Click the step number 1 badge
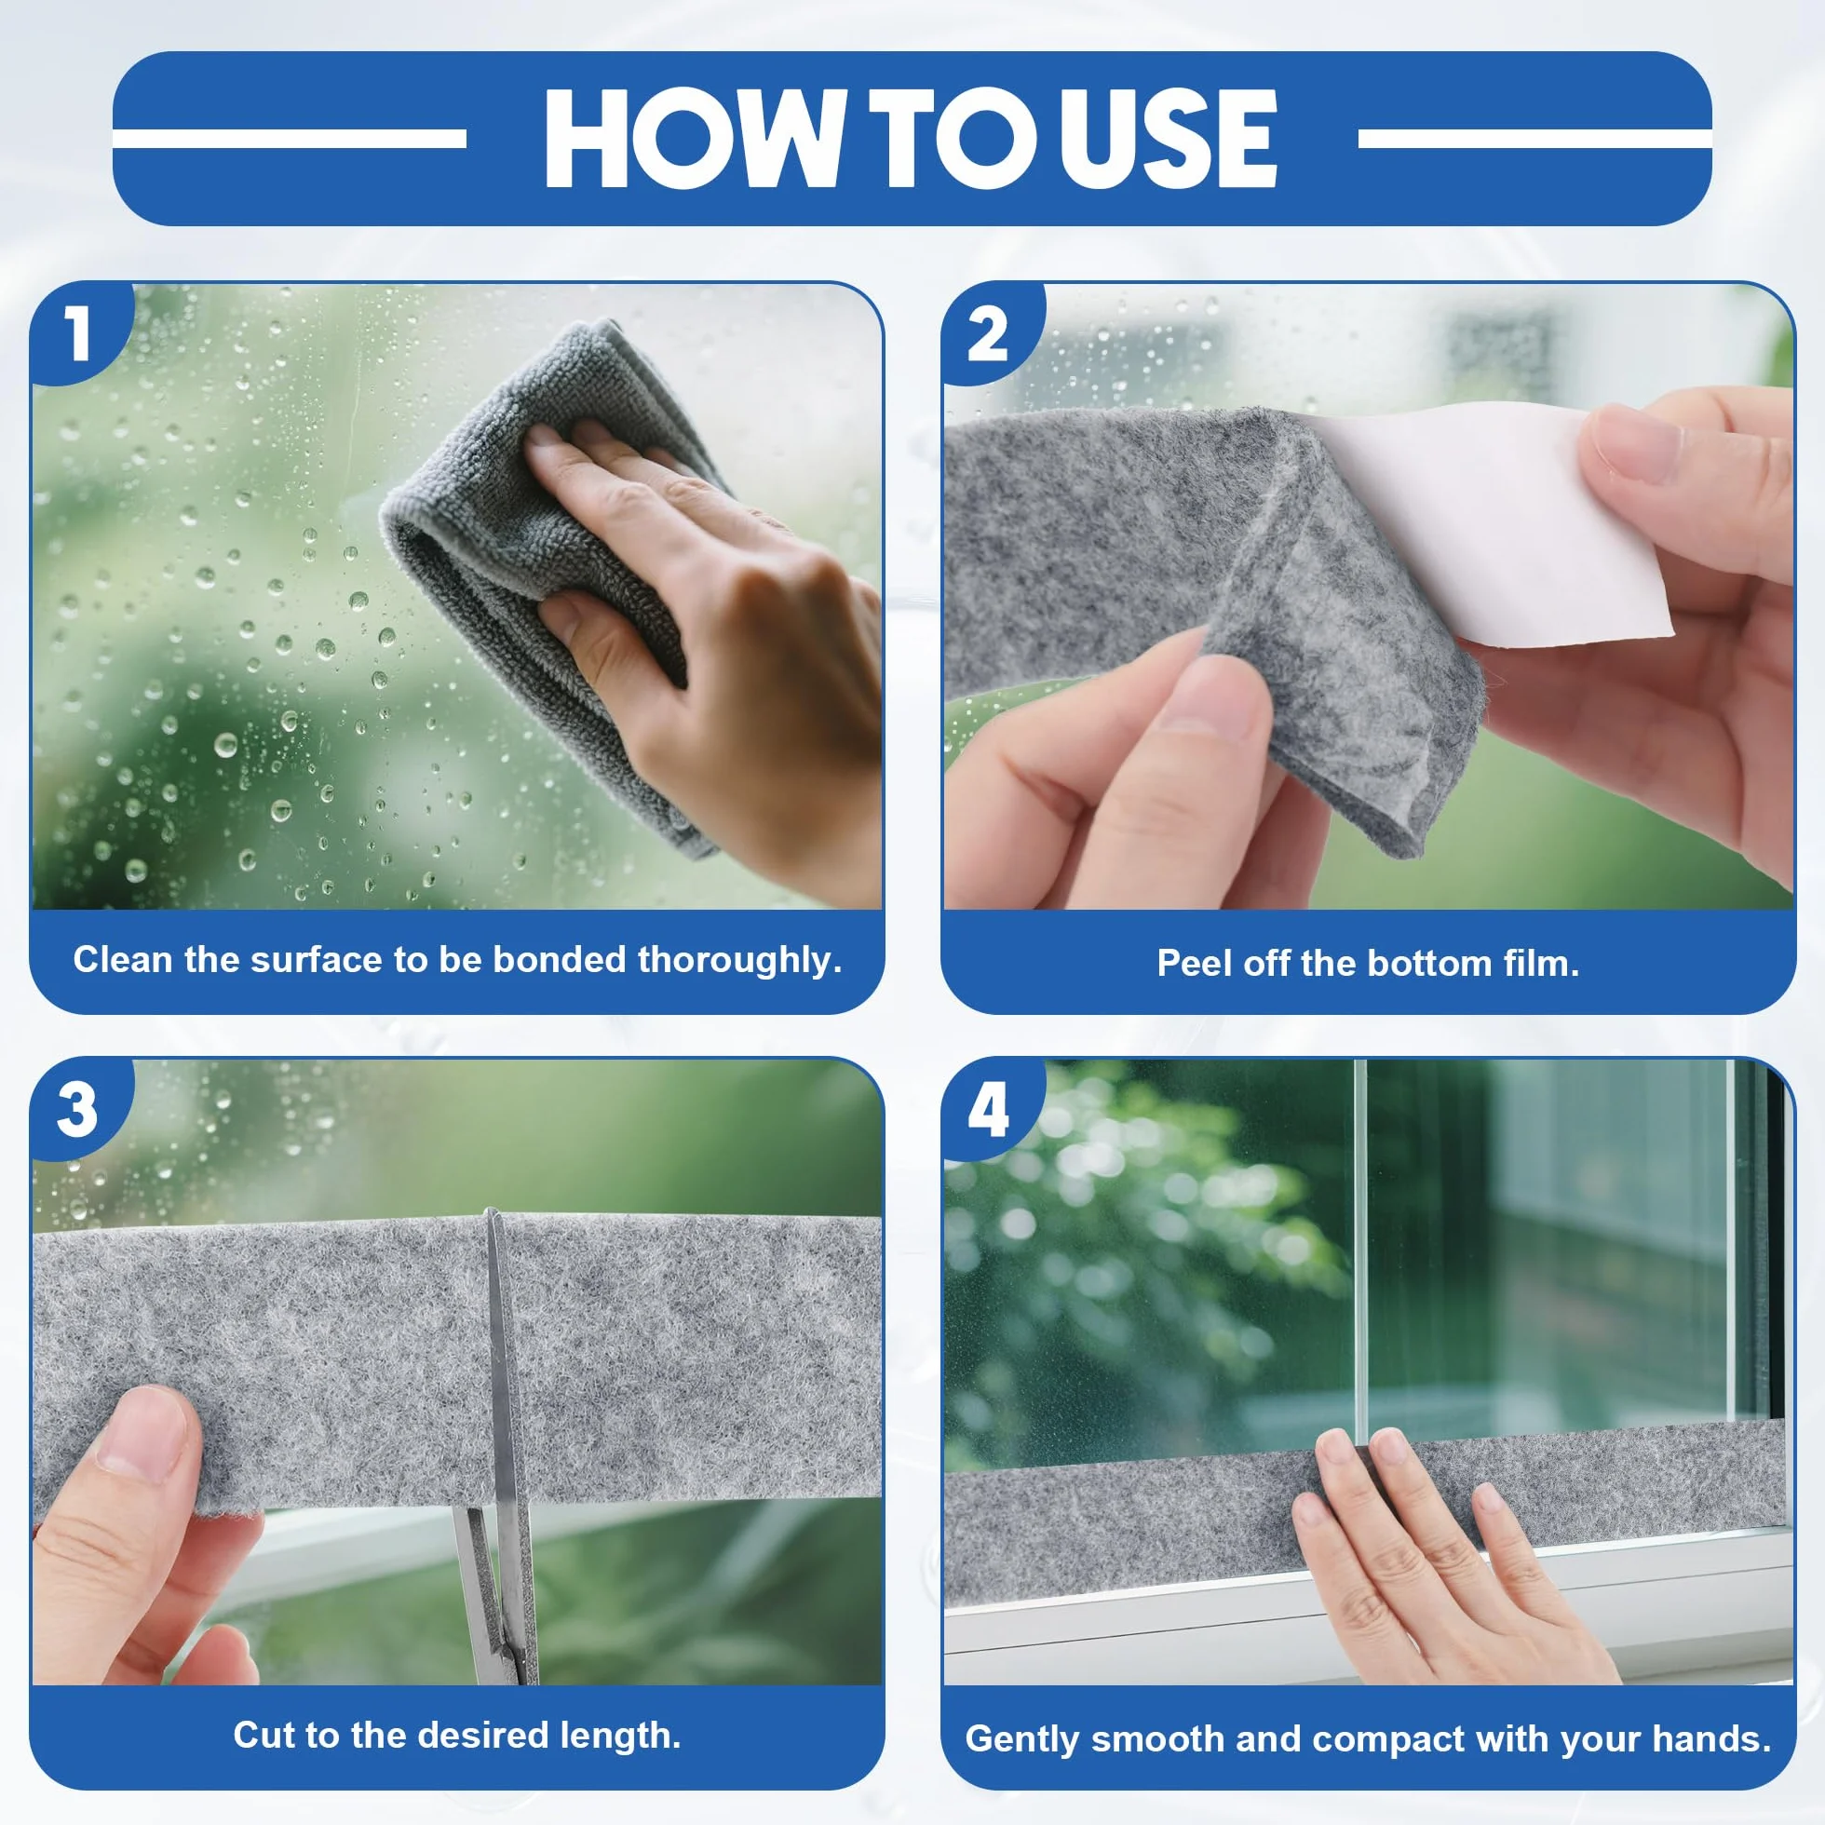coord(76,332)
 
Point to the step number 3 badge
coord(76,1109)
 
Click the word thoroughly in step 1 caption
coord(738,960)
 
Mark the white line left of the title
coord(290,139)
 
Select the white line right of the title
coord(1534,139)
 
